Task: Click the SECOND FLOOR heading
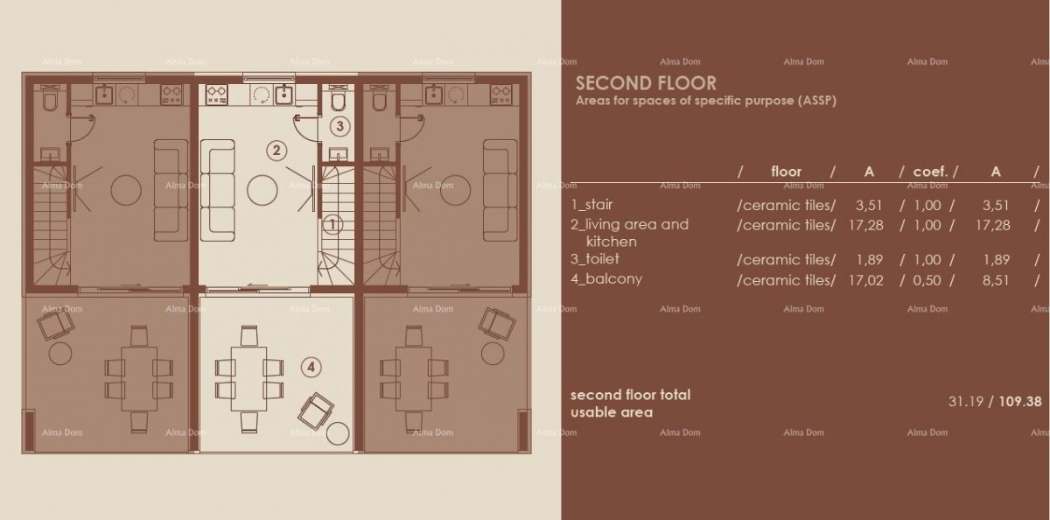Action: (646, 84)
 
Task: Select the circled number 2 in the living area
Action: (276, 151)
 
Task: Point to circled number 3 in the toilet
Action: (340, 126)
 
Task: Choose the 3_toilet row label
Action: (595, 259)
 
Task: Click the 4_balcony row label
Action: (605, 279)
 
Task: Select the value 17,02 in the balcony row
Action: (866, 280)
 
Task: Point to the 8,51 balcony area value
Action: (996, 280)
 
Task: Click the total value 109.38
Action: (1020, 402)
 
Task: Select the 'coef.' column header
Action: (930, 172)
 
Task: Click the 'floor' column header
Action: (786, 172)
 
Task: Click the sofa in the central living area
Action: (218, 190)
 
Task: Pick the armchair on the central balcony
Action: (315, 408)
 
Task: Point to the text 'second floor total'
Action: (630, 395)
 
